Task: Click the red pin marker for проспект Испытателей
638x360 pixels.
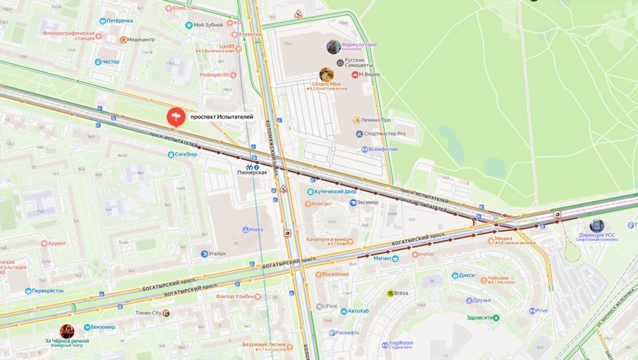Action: point(176,117)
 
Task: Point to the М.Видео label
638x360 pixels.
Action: point(369,75)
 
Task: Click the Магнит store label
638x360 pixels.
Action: point(382,259)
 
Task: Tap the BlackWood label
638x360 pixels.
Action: point(335,274)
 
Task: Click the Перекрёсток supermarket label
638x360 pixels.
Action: point(48,291)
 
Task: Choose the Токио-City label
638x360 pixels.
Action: point(150,313)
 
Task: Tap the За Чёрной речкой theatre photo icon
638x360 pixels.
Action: point(67,331)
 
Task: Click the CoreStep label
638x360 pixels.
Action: point(185,154)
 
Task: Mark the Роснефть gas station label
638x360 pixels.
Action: point(347,333)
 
